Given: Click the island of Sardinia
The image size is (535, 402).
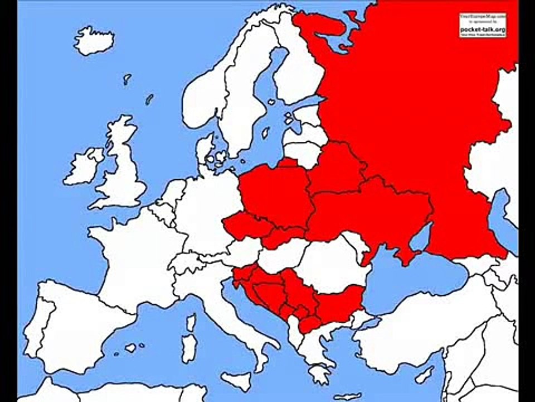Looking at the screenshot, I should pos(189,348).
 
